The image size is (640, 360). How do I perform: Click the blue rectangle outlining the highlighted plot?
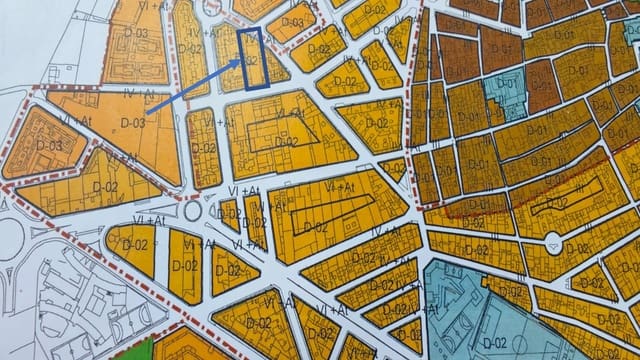point(251,60)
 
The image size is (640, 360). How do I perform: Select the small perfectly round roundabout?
point(193,213)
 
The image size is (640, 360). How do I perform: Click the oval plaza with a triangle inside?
point(553,244)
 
